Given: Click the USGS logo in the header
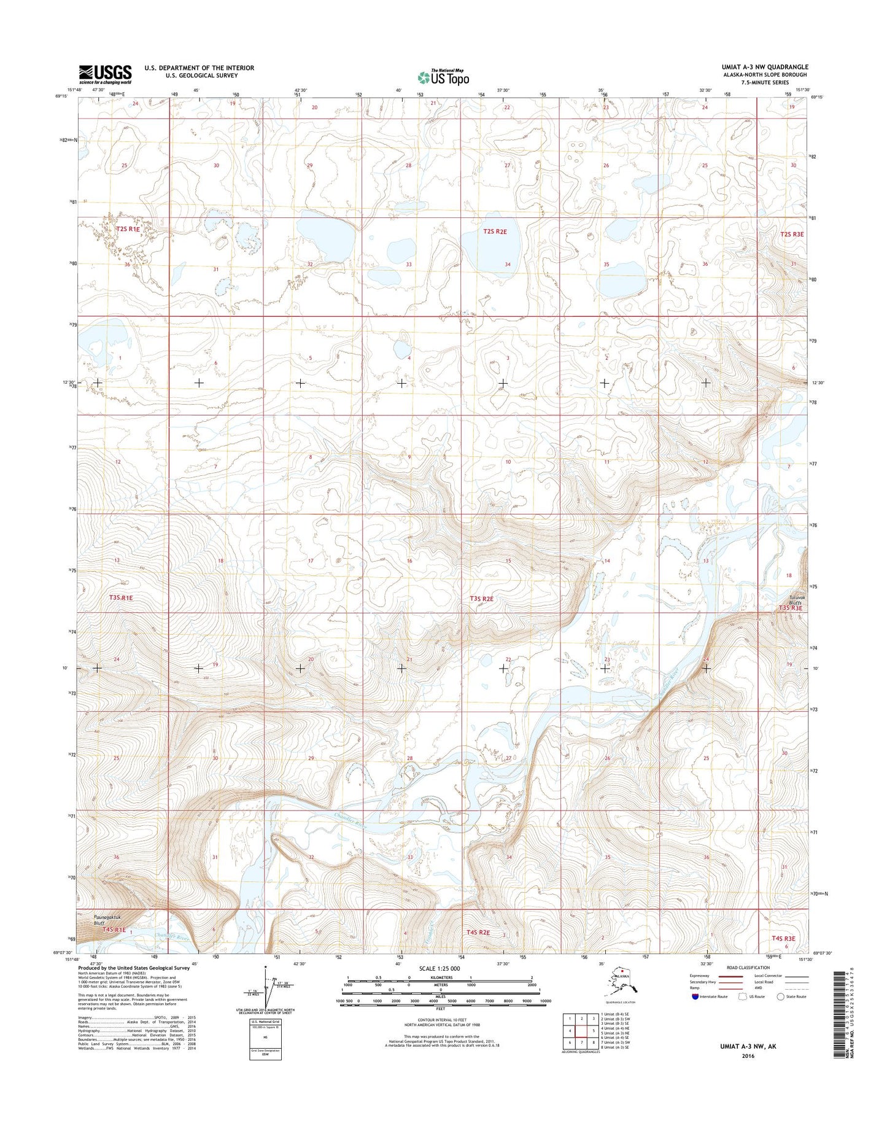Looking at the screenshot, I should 105,74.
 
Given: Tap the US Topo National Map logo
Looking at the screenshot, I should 443,77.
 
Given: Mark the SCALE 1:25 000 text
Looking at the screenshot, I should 439,968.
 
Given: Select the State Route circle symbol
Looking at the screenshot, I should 781,997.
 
